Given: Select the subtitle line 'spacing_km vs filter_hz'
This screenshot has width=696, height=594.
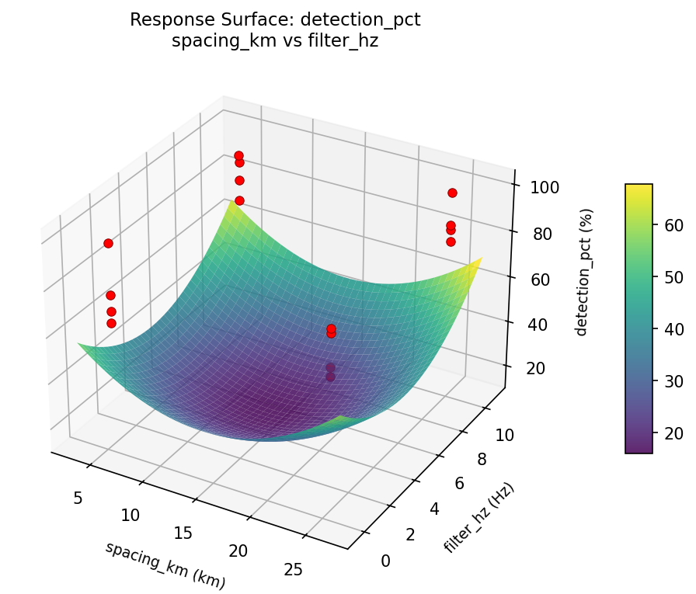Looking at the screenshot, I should click(274, 41).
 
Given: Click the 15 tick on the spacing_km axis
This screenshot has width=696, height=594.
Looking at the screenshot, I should click(184, 533).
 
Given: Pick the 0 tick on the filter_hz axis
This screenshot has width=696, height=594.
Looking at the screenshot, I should click(385, 561).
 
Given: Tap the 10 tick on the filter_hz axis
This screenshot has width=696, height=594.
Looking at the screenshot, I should click(505, 435).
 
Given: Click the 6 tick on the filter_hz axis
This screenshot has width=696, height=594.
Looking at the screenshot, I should click(459, 483).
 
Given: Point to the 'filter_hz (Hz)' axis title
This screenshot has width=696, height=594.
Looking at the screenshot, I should click(479, 518).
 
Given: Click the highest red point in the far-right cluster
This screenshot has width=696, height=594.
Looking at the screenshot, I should click(452, 193).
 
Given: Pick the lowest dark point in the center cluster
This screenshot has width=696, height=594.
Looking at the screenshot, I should click(330, 377).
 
